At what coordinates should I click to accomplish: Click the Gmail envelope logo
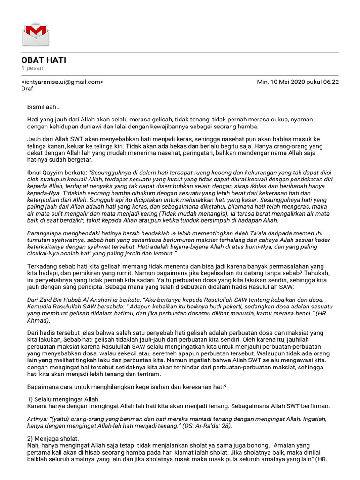tap(36, 33)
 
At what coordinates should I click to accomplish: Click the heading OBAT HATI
tap(44, 60)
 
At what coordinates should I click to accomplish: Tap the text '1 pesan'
tap(32, 68)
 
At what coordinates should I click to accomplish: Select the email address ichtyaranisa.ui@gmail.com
tap(62, 82)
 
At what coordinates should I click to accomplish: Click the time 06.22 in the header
tap(330, 82)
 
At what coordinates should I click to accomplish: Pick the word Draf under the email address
tap(27, 89)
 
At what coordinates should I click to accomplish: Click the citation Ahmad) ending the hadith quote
tap(38, 321)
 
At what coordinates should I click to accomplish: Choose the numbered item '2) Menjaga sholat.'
tap(53, 439)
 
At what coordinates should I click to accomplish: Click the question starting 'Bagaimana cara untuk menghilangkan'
tap(127, 387)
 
